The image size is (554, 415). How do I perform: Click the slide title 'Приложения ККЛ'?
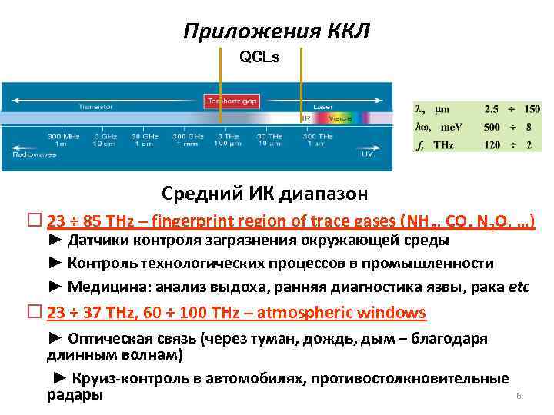click(x=277, y=32)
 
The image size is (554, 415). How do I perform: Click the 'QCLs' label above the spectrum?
click(x=260, y=57)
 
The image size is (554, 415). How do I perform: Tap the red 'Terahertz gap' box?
click(x=231, y=100)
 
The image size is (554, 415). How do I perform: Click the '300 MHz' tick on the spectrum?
click(x=61, y=139)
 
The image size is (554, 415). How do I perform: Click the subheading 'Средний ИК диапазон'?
click(x=265, y=192)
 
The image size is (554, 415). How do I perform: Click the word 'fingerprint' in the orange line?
click(x=190, y=222)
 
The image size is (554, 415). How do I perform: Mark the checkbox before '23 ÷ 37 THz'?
click(x=33, y=312)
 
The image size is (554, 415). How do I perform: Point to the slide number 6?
click(x=519, y=396)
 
